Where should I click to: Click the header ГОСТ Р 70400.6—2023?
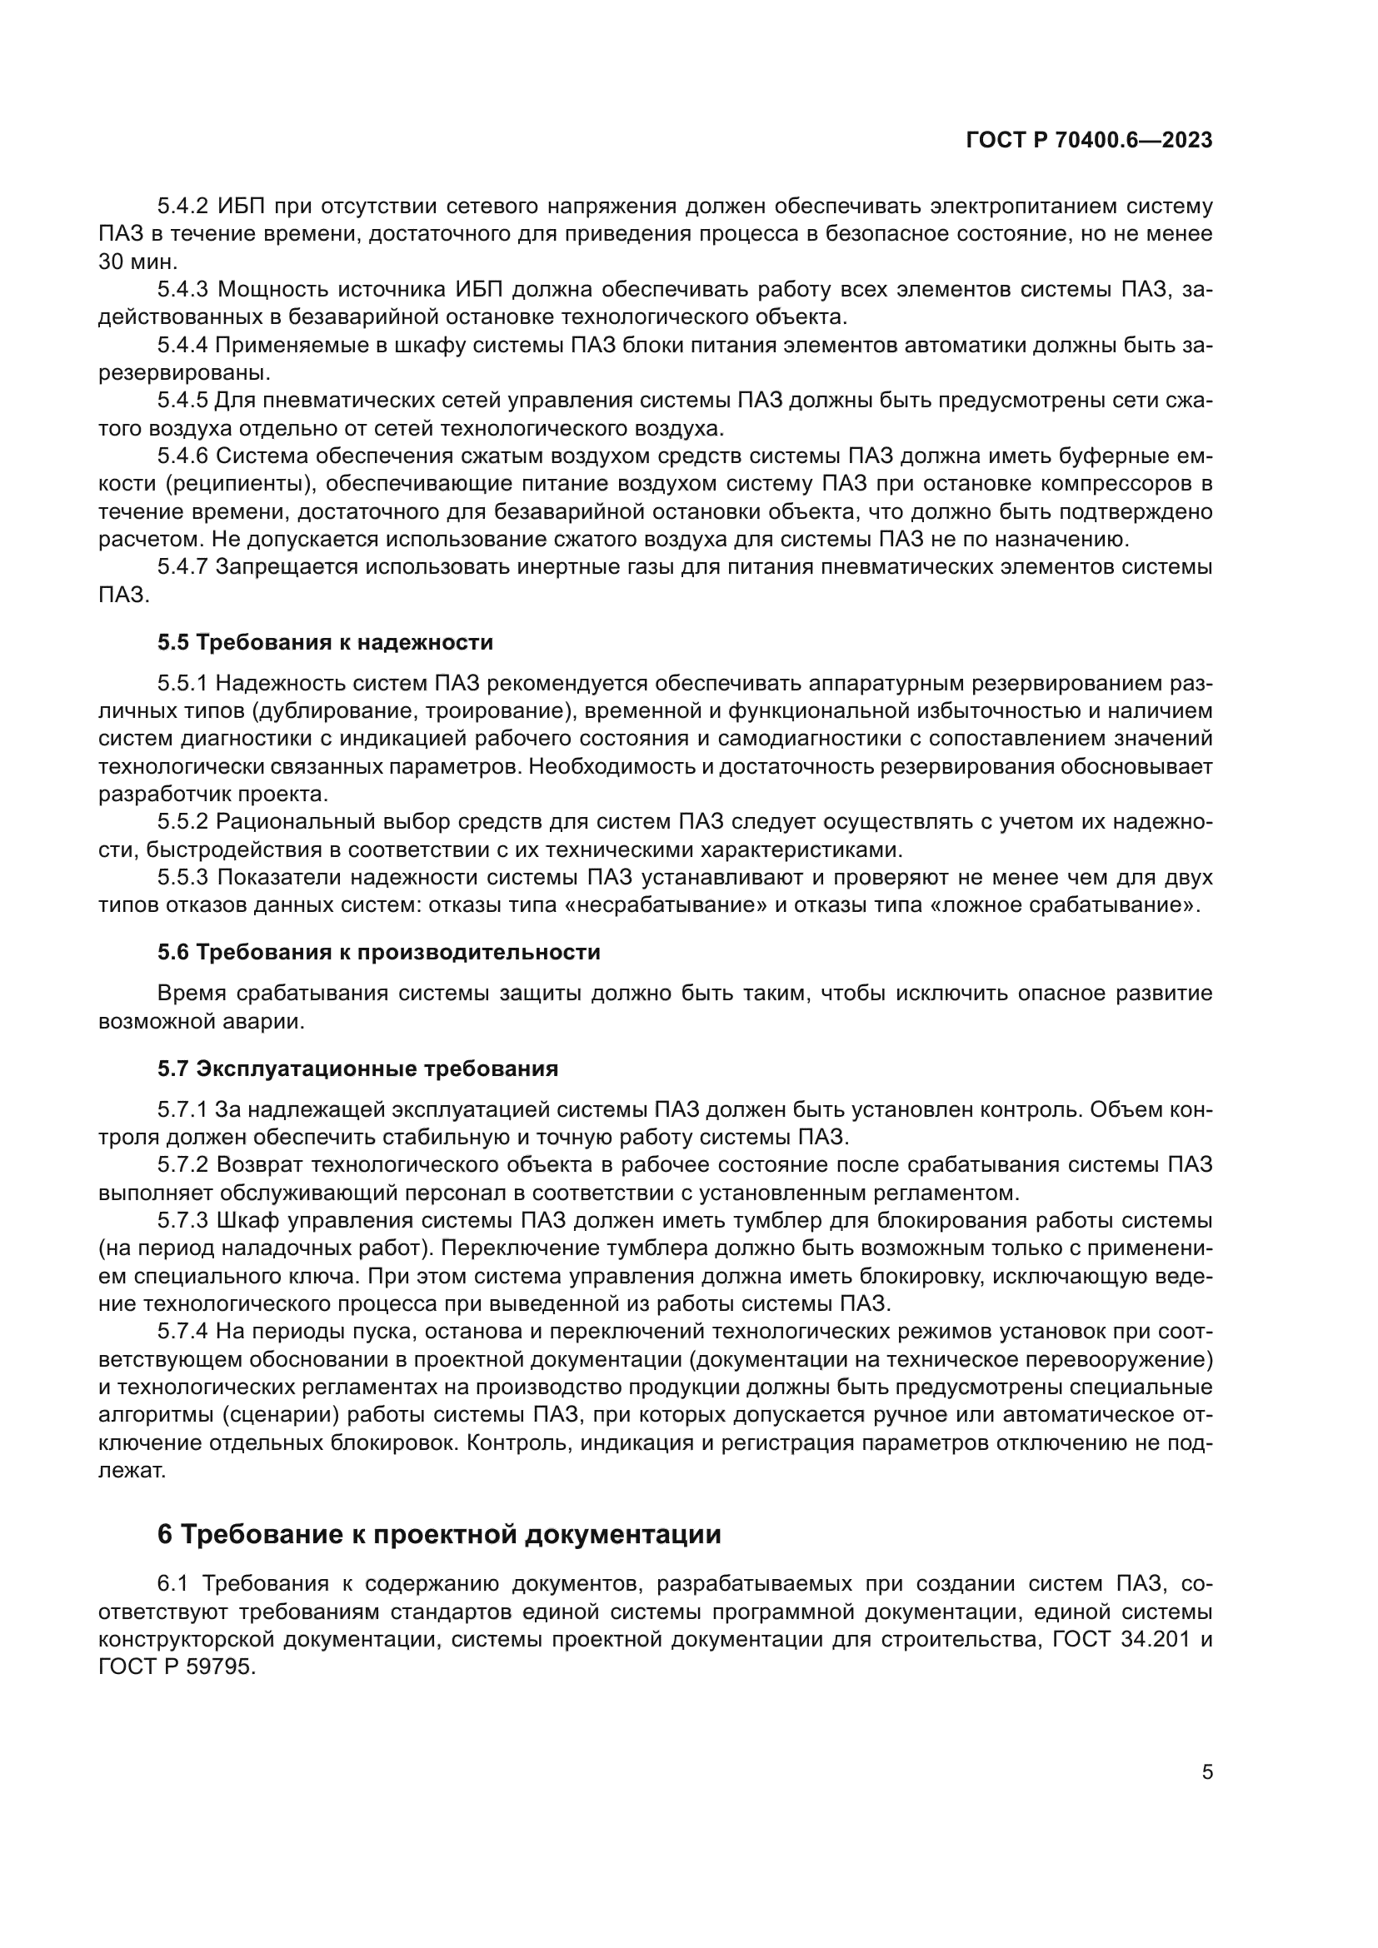tap(1089, 141)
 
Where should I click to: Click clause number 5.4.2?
tap(182, 207)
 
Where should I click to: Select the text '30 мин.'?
tap(138, 262)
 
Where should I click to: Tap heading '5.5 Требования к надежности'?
tap(325, 642)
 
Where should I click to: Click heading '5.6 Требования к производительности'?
tap(378, 952)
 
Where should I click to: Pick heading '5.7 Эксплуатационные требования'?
tap(357, 1069)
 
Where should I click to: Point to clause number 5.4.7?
tap(182, 567)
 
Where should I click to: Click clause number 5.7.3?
tap(182, 1221)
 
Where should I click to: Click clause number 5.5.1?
tap(182, 683)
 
